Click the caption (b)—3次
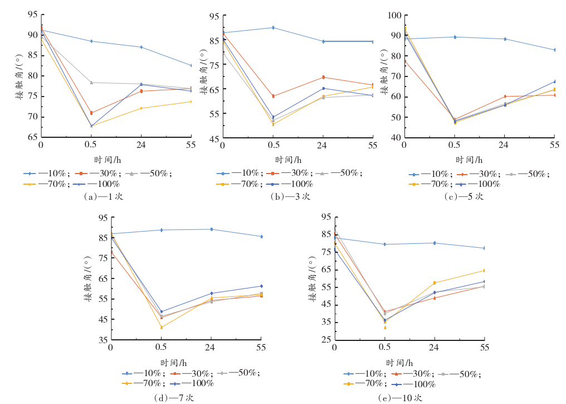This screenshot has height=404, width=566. pos(290,196)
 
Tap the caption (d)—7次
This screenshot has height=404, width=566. pos(174,398)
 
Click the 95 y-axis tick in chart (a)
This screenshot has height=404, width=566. pos(32,15)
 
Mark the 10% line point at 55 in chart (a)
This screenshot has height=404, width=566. pos(191,65)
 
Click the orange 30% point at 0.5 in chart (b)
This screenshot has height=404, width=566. pos(273,96)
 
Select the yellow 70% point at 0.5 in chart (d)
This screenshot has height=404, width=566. pos(162,327)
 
